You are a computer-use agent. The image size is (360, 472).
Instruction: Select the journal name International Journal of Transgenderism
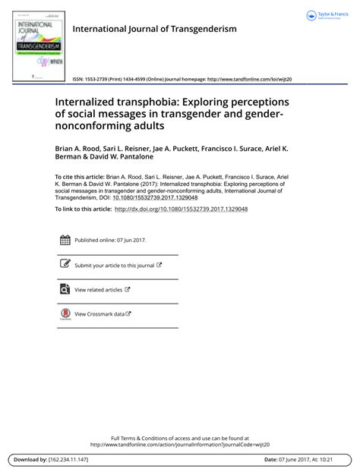[x=154, y=30]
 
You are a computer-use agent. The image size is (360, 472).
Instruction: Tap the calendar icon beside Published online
[x=65, y=241]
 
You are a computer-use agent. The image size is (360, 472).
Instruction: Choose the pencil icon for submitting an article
[x=65, y=265]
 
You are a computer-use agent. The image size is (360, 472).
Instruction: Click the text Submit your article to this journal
[x=114, y=266]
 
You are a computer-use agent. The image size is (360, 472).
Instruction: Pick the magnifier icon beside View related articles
[x=65, y=289]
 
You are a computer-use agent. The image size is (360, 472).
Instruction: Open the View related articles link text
[x=98, y=289]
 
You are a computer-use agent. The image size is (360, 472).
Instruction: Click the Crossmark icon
[x=65, y=313]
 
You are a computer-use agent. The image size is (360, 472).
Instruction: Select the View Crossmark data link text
[x=99, y=313]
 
